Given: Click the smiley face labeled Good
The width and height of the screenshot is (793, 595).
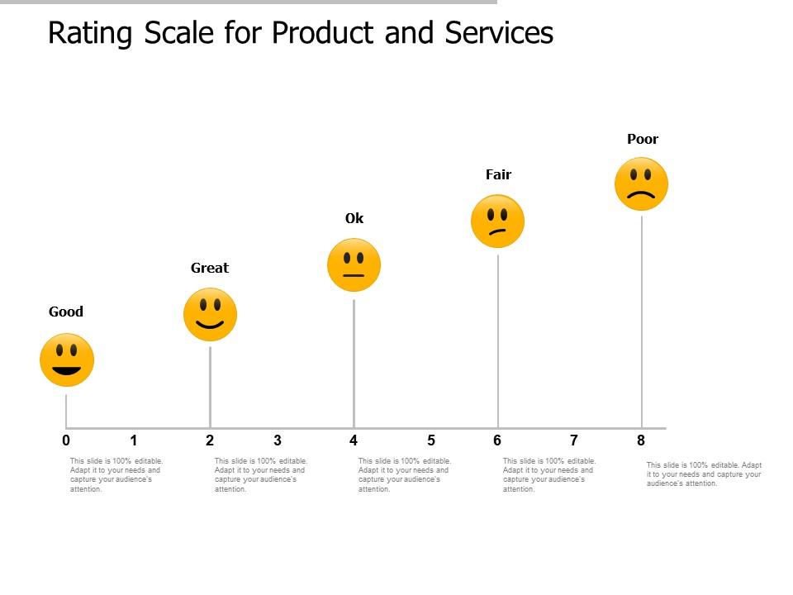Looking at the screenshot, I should (x=67, y=360).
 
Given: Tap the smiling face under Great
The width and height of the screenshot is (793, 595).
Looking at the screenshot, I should (x=210, y=315).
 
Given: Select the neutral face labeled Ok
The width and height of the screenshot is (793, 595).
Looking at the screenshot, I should (x=354, y=265).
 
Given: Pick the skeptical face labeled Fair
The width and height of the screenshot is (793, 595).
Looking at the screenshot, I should (x=497, y=221).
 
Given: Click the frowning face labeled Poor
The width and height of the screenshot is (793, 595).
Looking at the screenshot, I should (x=641, y=184).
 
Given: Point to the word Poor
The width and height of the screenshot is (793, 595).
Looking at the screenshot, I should (x=643, y=139).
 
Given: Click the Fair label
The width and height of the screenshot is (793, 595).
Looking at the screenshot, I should (x=498, y=174).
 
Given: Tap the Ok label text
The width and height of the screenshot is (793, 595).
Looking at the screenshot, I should (x=354, y=218).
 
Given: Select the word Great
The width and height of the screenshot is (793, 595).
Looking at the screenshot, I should (x=210, y=268).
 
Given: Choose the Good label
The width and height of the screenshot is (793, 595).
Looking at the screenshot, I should (x=66, y=312).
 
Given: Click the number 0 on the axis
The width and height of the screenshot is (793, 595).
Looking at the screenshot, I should (x=66, y=440).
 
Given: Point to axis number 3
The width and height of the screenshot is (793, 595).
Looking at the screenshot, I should (x=278, y=440).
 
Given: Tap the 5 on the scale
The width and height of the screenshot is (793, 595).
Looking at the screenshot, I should (x=431, y=440).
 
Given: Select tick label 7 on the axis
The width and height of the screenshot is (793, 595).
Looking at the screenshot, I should (x=574, y=440).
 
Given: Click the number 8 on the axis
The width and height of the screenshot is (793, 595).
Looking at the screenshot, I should (x=641, y=440).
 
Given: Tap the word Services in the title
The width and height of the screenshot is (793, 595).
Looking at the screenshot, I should (x=499, y=33).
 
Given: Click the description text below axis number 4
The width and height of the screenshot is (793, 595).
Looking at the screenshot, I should (x=405, y=475).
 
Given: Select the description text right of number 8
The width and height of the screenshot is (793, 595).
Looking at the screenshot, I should (x=704, y=474).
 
